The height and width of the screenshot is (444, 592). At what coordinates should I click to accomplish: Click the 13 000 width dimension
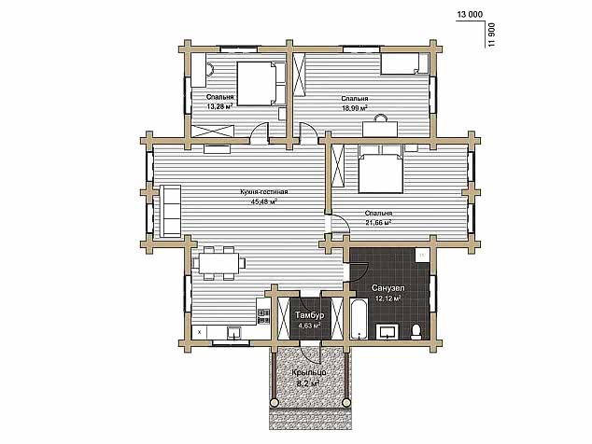(x=470, y=15)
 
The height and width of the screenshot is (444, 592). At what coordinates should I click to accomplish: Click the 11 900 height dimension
(x=491, y=35)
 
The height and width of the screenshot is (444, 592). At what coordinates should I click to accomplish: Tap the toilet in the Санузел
(x=416, y=331)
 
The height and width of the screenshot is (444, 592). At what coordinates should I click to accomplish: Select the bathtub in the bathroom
(x=359, y=319)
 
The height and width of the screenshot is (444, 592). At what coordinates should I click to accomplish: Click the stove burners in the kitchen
(x=263, y=316)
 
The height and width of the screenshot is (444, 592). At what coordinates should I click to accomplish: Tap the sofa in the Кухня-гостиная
(x=171, y=211)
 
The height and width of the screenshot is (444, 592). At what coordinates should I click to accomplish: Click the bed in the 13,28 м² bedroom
(x=261, y=83)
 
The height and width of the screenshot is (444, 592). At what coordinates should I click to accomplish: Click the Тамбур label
(x=310, y=315)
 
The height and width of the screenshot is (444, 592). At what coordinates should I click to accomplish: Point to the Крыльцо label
(x=309, y=373)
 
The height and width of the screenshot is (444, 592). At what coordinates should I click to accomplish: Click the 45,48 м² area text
(x=264, y=201)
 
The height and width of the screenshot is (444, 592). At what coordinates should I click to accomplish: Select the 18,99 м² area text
(x=355, y=108)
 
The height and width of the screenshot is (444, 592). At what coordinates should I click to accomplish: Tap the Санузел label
(x=388, y=288)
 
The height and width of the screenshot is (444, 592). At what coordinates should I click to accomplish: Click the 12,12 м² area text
(x=388, y=298)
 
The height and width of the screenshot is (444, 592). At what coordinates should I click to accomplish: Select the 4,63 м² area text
(x=310, y=326)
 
